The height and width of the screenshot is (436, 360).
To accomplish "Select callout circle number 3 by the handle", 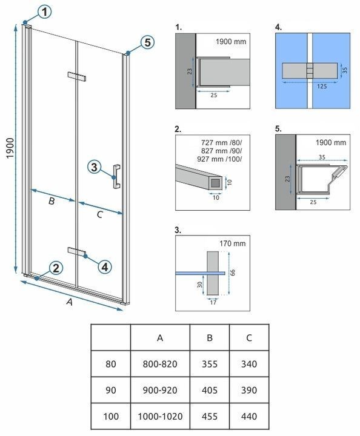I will coord(94,167).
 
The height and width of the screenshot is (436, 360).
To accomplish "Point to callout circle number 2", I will coord(55,268).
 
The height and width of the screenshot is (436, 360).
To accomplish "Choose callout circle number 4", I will coord(104,266).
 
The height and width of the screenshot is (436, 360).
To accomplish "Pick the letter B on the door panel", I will coord(52,201).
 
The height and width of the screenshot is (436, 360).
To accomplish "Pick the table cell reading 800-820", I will coord(160,365).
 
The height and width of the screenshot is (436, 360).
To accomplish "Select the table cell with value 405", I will coord(209,391).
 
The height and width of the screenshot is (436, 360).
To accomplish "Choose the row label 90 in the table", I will coord(110,391).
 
